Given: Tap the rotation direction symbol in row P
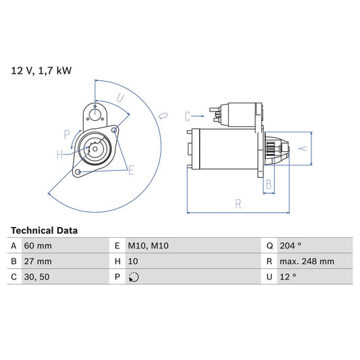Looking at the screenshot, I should click(134, 277).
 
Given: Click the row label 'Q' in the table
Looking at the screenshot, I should click(269, 247).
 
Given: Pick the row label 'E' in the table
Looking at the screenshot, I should click(118, 247).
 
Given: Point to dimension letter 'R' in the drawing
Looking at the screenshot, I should click(238, 203).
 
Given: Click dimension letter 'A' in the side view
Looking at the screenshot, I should click(303, 148).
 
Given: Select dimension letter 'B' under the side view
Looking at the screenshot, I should click(268, 183).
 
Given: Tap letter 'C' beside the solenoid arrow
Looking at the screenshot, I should click(188, 115).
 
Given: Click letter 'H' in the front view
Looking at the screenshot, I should click(59, 155).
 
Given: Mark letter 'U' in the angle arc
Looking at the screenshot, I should click(120, 99).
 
